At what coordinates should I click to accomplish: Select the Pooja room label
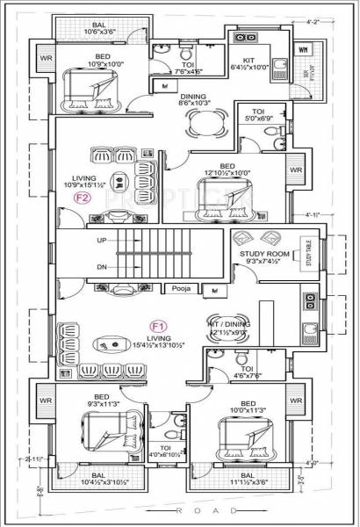[x=181, y=288]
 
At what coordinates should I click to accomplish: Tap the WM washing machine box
[x=303, y=50]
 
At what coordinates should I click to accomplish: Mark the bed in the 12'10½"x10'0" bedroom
[x=225, y=198]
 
